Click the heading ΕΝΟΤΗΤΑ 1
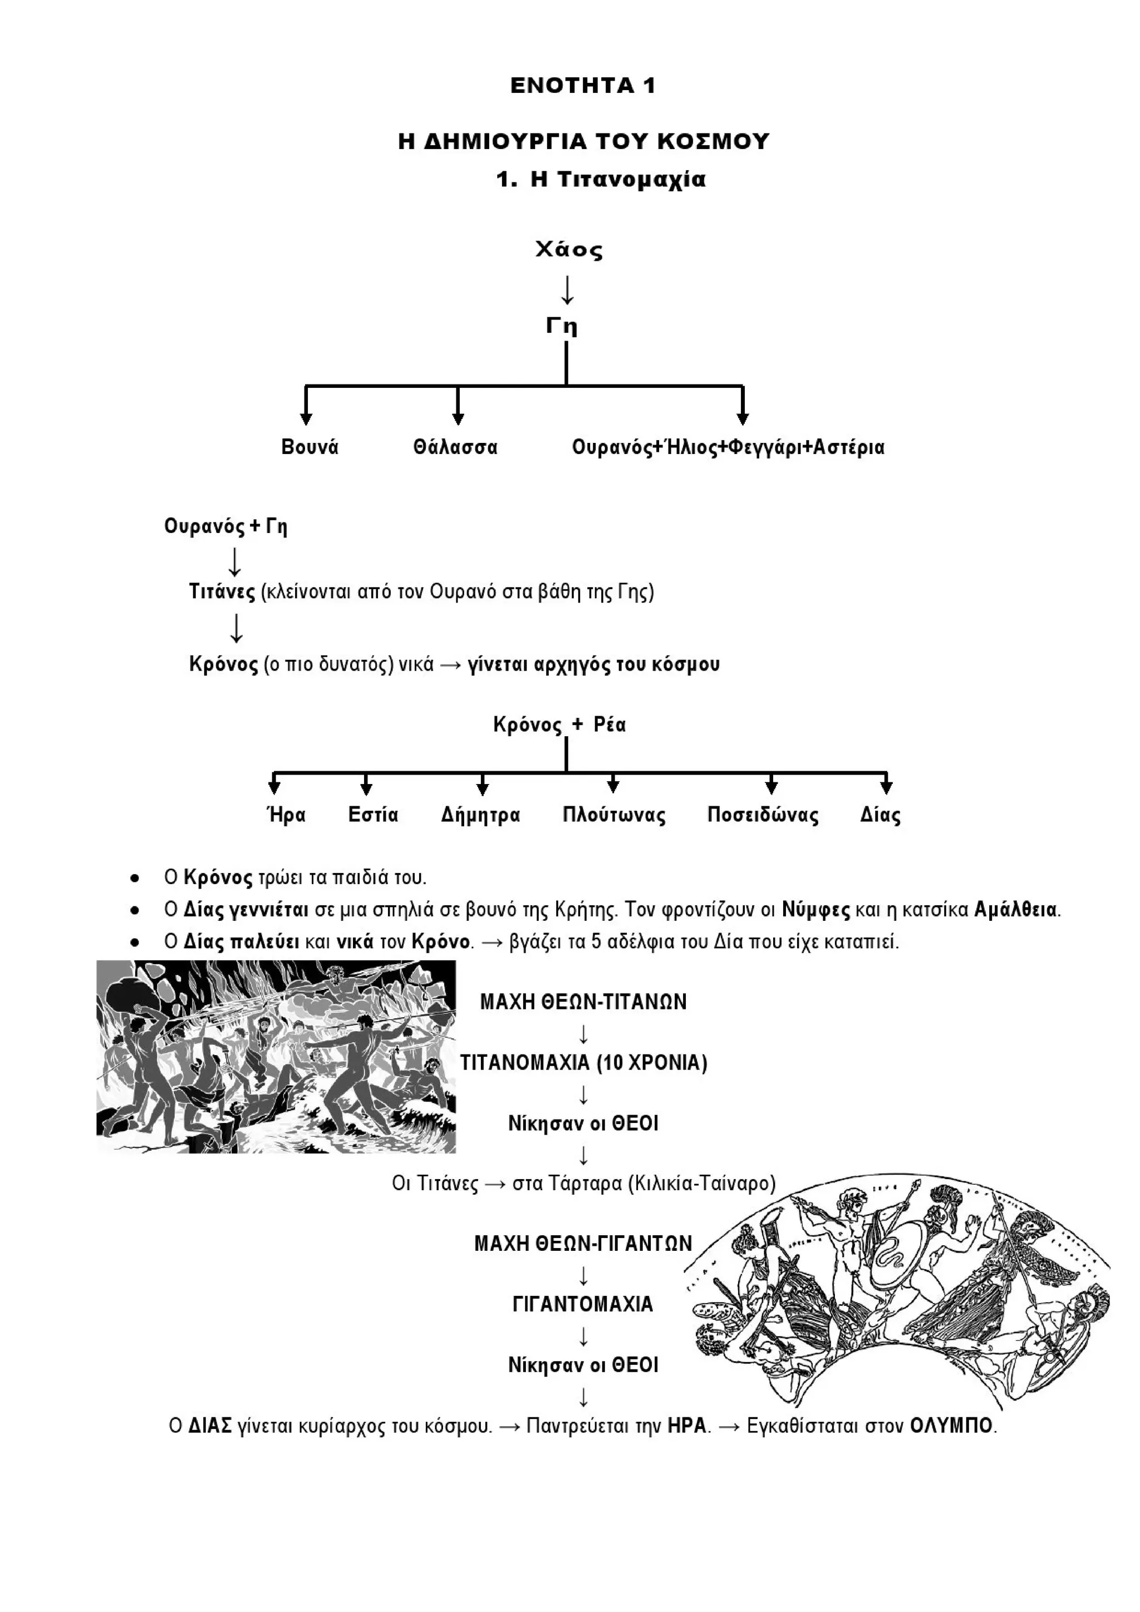582,86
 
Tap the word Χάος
569,250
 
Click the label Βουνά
309,447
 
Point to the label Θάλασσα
455,447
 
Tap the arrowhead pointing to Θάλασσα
458,418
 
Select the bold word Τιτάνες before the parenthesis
222,592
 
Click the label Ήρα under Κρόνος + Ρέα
287,815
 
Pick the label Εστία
373,815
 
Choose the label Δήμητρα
480,815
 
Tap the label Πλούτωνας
614,815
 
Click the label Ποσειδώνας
763,815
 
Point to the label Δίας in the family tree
880,815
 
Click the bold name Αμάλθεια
1016,910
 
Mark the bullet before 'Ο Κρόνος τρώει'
134,878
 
